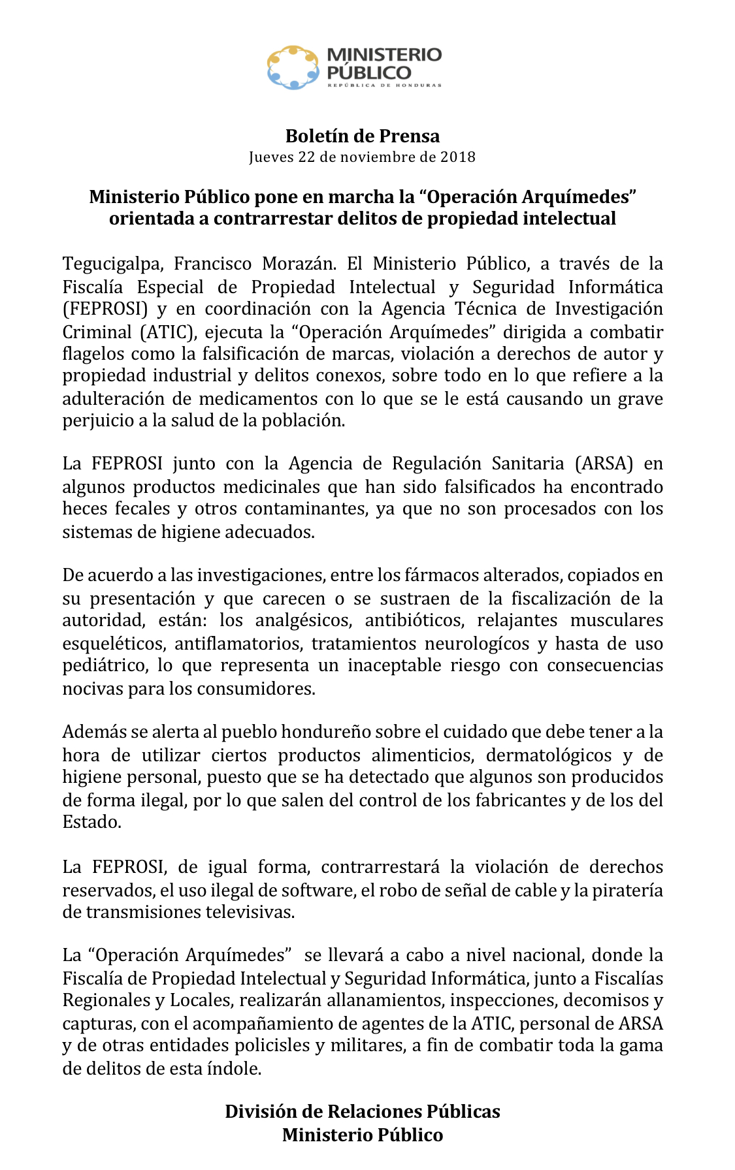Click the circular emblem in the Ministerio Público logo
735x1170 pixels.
[293, 67]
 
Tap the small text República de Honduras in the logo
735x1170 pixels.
[384, 86]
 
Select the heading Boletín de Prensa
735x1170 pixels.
[363, 136]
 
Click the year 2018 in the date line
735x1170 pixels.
[458, 157]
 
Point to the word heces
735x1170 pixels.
[85, 509]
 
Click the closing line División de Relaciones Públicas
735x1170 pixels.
[363, 1111]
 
